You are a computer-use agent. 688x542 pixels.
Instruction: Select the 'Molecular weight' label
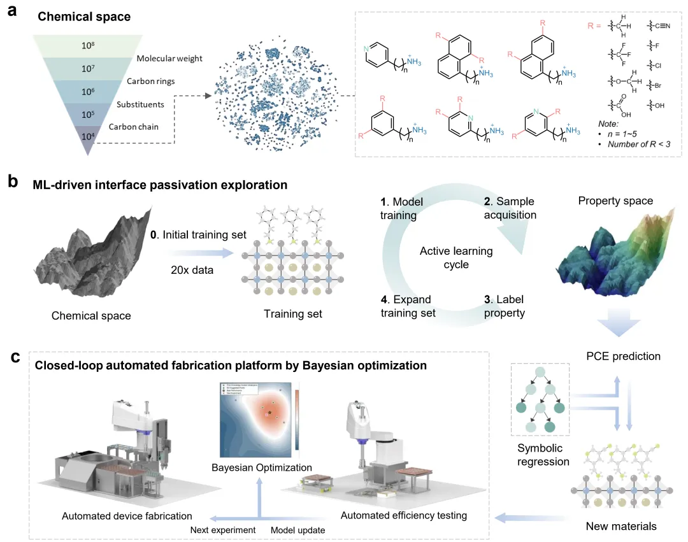169,59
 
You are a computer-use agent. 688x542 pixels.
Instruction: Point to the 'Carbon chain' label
133,126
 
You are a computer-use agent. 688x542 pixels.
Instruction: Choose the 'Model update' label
298,529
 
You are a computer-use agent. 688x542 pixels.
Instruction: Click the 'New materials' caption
620,526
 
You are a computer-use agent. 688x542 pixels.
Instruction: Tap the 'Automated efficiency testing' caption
404,515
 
